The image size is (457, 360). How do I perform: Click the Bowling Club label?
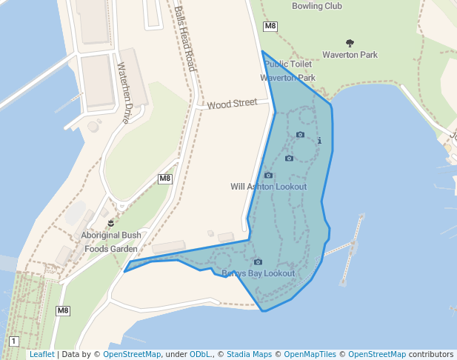tap(317, 7)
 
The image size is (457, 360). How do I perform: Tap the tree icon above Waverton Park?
tap(350, 43)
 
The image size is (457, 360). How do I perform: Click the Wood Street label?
tap(232, 104)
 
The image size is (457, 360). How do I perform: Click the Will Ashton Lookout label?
tap(269, 187)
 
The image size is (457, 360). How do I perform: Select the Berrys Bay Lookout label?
tap(258, 273)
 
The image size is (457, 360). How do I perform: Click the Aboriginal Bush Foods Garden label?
tap(111, 242)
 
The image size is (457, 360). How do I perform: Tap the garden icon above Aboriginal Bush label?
tap(111, 222)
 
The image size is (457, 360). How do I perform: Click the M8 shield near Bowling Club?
tap(270, 27)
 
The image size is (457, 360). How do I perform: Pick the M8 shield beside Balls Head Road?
tap(165, 179)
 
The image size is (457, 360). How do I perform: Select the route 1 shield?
tap(13, 341)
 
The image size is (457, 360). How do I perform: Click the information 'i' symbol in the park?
tap(319, 140)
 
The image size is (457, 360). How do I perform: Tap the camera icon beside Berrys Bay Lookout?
tap(258, 261)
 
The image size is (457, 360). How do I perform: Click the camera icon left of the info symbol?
tap(300, 135)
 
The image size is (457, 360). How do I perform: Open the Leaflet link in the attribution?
tap(41, 355)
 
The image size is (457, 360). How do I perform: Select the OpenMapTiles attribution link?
tap(310, 355)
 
